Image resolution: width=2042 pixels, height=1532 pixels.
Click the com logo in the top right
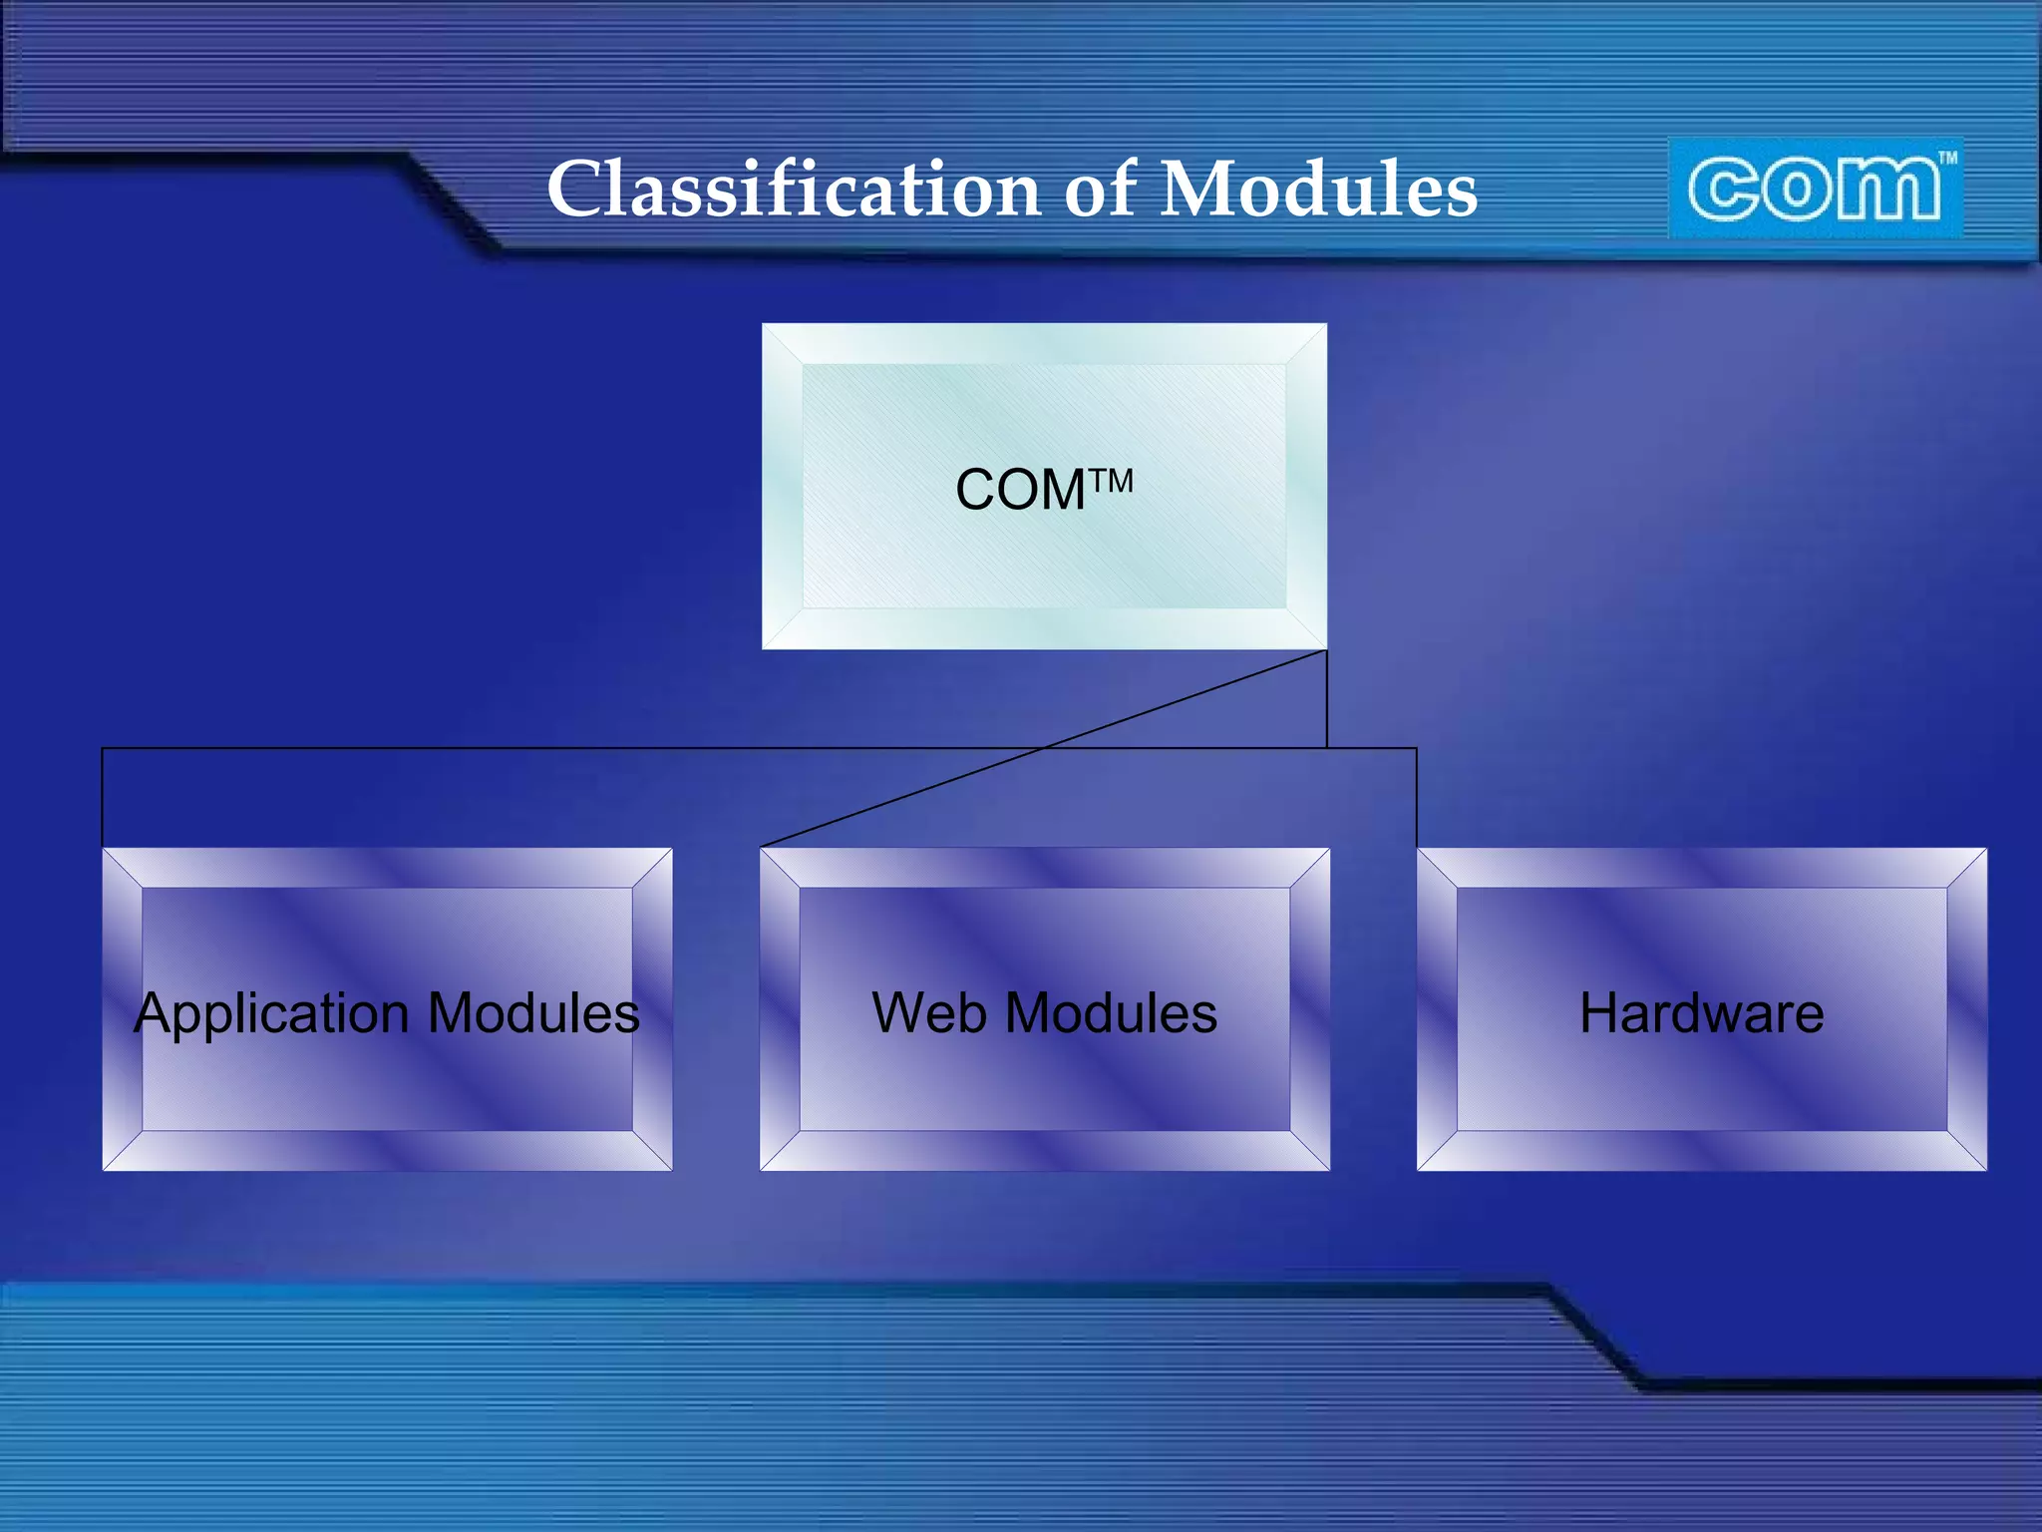click(1815, 188)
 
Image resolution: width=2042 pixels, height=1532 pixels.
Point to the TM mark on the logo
click(1947, 158)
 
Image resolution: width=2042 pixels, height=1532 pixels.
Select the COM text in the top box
click(1020, 491)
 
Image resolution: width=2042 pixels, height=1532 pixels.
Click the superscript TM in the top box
click(1112, 481)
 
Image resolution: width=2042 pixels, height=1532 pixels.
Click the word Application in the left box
click(271, 1014)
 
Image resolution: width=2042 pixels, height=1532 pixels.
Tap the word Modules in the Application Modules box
click(533, 1013)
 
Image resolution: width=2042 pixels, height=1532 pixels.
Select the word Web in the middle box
click(928, 1013)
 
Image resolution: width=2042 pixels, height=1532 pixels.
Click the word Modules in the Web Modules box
click(1111, 1013)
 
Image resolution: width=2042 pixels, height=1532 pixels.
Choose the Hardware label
click(1701, 1013)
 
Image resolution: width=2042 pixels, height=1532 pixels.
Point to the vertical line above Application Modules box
click(102, 798)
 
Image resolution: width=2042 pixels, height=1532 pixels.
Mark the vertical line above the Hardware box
click(1416, 798)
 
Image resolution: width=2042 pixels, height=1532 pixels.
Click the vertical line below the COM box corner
click(1326, 698)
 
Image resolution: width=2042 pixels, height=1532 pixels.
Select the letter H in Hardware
click(1600, 1013)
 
